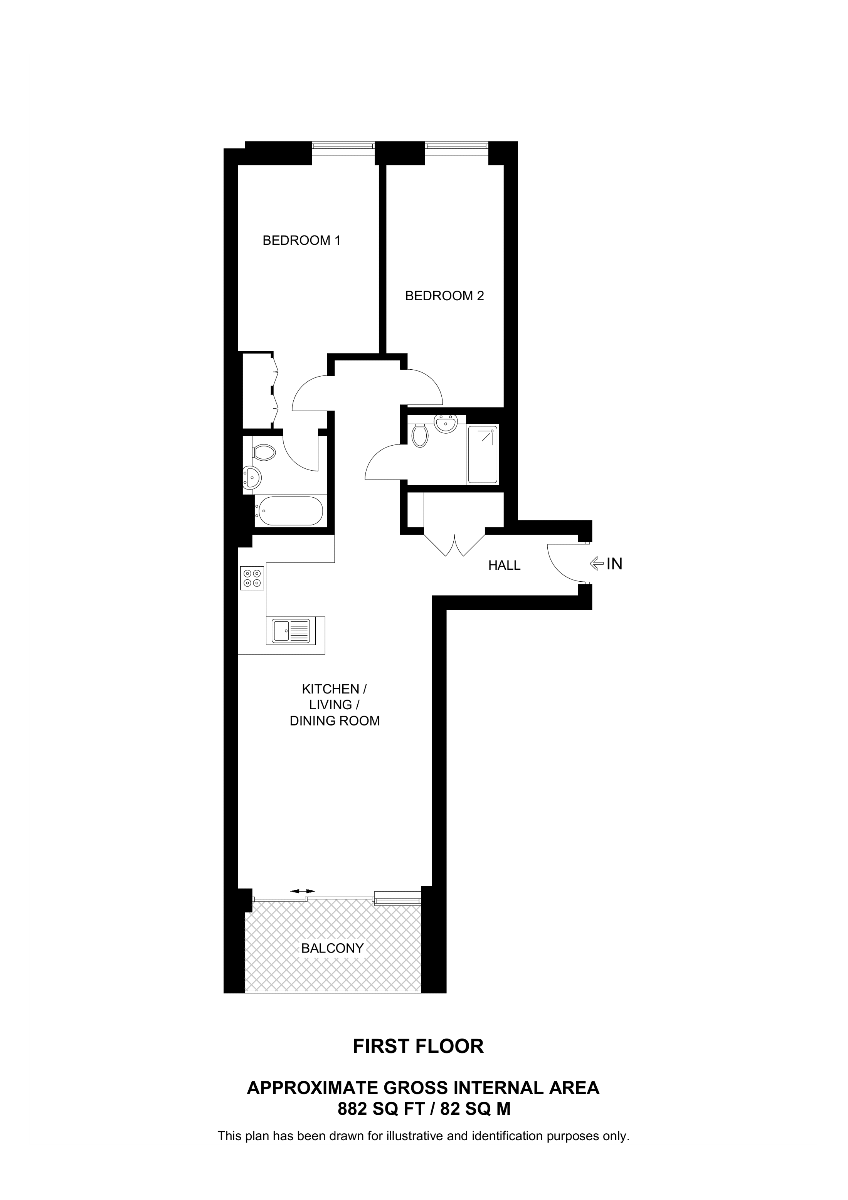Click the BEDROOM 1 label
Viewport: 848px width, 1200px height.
pyautogui.click(x=301, y=241)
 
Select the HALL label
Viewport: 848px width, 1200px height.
pyautogui.click(x=504, y=565)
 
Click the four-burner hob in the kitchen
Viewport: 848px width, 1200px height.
pyautogui.click(x=252, y=578)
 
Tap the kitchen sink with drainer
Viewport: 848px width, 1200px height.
pyautogui.click(x=291, y=630)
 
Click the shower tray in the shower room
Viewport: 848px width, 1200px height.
pyautogui.click(x=483, y=454)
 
